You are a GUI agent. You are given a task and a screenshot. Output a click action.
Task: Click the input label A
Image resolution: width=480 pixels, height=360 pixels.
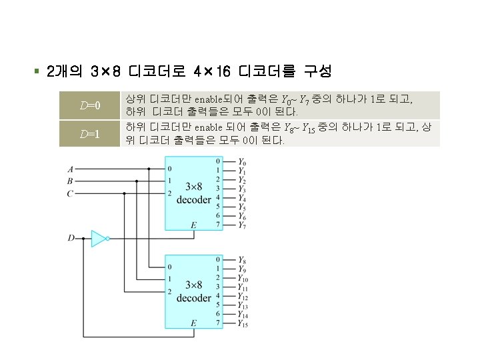70,169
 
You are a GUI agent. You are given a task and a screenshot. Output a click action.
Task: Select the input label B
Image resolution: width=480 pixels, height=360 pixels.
70,181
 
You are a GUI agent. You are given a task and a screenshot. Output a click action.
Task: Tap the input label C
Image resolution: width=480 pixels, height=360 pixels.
70,193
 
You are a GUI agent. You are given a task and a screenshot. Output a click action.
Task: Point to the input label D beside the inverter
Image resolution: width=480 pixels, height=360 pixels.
71,237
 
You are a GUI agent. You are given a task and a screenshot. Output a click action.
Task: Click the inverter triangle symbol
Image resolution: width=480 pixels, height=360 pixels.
98,238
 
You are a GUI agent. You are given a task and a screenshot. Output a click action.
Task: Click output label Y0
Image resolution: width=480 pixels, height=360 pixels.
241,163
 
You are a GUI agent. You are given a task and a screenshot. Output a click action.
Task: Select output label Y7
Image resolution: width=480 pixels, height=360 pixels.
241,225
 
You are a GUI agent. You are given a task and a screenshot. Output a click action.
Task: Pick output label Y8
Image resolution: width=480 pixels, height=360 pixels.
241,260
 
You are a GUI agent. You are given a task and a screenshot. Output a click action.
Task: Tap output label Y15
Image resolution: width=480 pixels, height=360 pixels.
243,324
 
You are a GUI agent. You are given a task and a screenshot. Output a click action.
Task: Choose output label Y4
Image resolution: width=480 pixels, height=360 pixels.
241,198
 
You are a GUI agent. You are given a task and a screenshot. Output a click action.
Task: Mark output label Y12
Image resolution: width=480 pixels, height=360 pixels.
243,297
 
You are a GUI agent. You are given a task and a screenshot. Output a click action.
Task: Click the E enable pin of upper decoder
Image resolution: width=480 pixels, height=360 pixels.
193,225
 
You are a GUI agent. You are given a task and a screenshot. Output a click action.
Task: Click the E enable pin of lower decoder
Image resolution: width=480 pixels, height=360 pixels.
193,323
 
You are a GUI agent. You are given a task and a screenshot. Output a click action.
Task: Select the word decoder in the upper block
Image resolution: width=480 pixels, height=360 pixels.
194,200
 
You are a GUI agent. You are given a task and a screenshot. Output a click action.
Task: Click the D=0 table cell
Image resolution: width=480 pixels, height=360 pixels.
89,105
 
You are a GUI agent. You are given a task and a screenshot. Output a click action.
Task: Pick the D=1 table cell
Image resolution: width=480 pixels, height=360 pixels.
89,133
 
